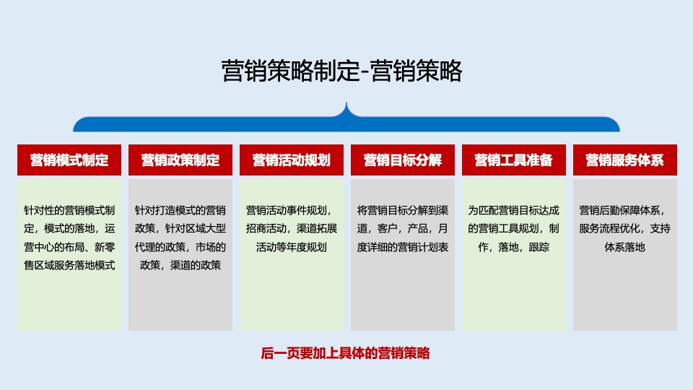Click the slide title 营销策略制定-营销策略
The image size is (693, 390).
pos(341,71)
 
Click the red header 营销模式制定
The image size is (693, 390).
pos(69,160)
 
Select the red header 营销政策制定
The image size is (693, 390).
pos(180,160)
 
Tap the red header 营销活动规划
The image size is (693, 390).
pos(292,160)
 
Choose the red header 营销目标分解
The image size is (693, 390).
pos(403,160)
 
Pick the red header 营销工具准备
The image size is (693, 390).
pos(514,160)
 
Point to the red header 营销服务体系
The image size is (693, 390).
pos(625,160)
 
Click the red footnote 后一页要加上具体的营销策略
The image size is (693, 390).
pos(345,354)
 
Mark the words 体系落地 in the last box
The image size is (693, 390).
pos(625,247)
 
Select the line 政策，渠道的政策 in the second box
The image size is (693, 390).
pos(180,265)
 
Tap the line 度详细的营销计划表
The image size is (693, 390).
pos(403,247)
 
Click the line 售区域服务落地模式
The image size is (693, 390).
pos(69,265)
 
